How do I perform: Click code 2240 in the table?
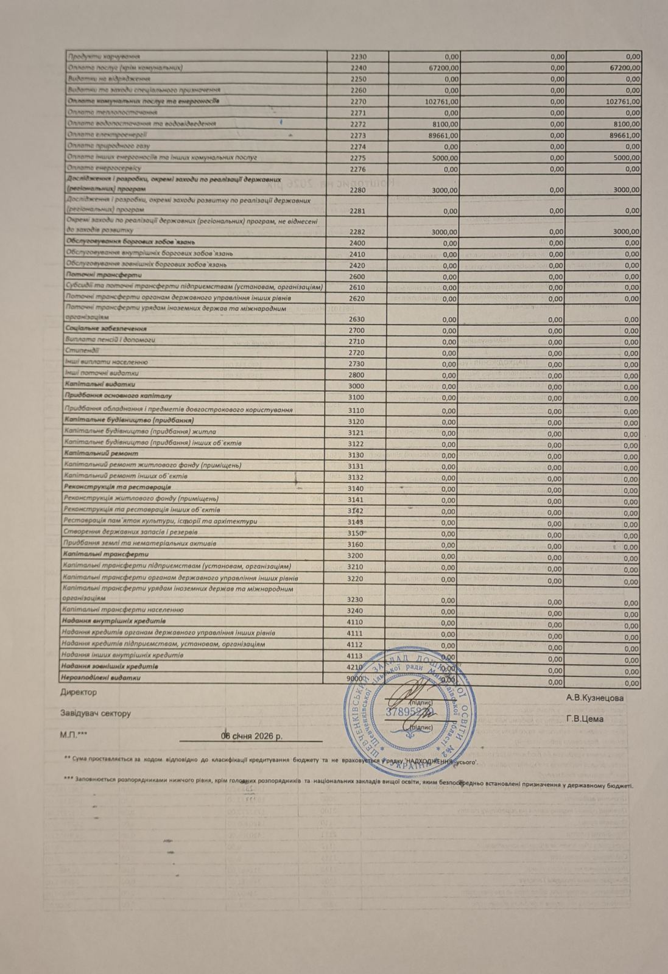pyautogui.click(x=359, y=68)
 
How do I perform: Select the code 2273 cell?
pyautogui.click(x=359, y=135)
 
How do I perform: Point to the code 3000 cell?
pyautogui.click(x=357, y=386)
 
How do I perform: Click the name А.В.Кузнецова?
pyautogui.click(x=594, y=698)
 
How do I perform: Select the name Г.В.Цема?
pyautogui.click(x=585, y=719)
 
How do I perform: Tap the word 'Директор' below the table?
pyautogui.click(x=78, y=692)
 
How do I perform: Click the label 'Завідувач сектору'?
pyautogui.click(x=95, y=713)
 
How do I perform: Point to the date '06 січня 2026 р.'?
pyautogui.click(x=251, y=735)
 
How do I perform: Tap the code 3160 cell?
pyautogui.click(x=356, y=544)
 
